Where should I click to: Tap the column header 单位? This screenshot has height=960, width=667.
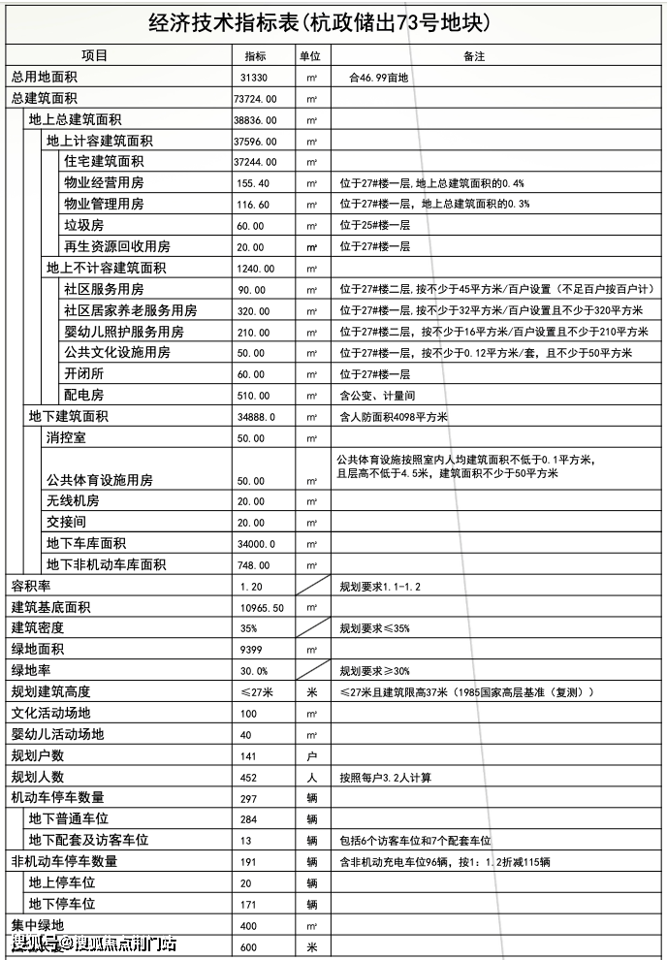pos(310,56)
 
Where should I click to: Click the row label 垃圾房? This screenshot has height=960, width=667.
pos(83,225)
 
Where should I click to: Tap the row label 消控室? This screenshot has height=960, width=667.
pos(66,437)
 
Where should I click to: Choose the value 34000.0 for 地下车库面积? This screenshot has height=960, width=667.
pos(257,544)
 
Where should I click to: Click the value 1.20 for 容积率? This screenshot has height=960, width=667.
pos(251,587)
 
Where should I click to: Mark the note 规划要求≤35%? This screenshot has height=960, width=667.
pos(374,628)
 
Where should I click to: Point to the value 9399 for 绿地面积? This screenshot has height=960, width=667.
pos(252,650)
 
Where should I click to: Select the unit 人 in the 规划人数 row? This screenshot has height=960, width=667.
pos(311,777)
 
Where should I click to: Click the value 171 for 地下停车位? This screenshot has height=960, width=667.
pos(251,904)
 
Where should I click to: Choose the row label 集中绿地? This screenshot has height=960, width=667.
pos(37,925)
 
